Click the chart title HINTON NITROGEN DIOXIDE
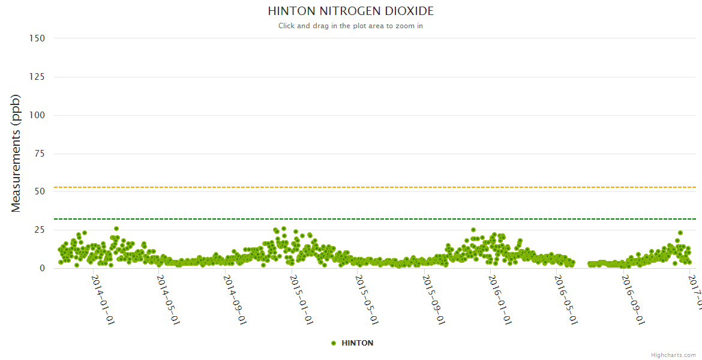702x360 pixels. tap(350, 11)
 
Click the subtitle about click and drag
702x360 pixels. tap(350, 26)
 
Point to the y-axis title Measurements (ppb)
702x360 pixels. tap(16, 153)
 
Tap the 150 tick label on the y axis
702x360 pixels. tap(37, 38)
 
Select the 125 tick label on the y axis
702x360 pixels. tap(37, 77)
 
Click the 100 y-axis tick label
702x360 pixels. tap(37, 115)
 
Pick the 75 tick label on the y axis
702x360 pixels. tap(39, 154)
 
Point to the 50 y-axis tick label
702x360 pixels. tap(39, 191)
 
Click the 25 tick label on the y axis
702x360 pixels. tap(39, 230)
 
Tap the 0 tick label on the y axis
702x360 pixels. tap(42, 268)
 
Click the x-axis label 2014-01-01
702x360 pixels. tap(103, 299)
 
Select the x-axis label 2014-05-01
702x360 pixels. tap(169, 299)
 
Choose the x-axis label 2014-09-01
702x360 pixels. tap(236, 299)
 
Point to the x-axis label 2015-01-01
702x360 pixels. tap(302, 299)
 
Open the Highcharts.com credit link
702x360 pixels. tap(673, 355)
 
